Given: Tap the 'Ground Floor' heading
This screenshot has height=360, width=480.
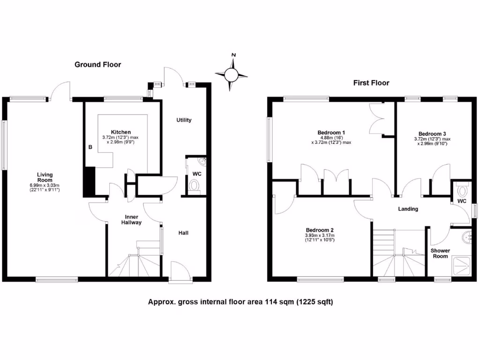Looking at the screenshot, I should tap(97, 65).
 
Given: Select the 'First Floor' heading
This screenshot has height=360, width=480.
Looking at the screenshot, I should tap(371, 83).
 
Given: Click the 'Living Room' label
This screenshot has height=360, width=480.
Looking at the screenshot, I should tap(45, 177).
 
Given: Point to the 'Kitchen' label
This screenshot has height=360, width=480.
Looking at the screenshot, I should tap(120, 132).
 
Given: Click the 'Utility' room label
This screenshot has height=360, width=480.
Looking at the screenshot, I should tap(184, 120).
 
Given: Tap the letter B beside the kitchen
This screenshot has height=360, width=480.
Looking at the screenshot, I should tap(90, 147).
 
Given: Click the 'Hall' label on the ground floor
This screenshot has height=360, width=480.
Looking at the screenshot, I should tap(184, 232).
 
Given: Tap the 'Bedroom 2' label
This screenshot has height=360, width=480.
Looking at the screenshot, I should tap(320, 230).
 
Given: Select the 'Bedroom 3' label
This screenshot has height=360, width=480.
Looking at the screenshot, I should tap(432, 133).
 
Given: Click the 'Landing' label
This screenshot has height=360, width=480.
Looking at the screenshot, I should tap(407, 209).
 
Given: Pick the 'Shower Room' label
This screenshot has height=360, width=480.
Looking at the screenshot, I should tap(439, 254).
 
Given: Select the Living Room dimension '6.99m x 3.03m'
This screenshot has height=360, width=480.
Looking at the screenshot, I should tap(45, 186).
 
